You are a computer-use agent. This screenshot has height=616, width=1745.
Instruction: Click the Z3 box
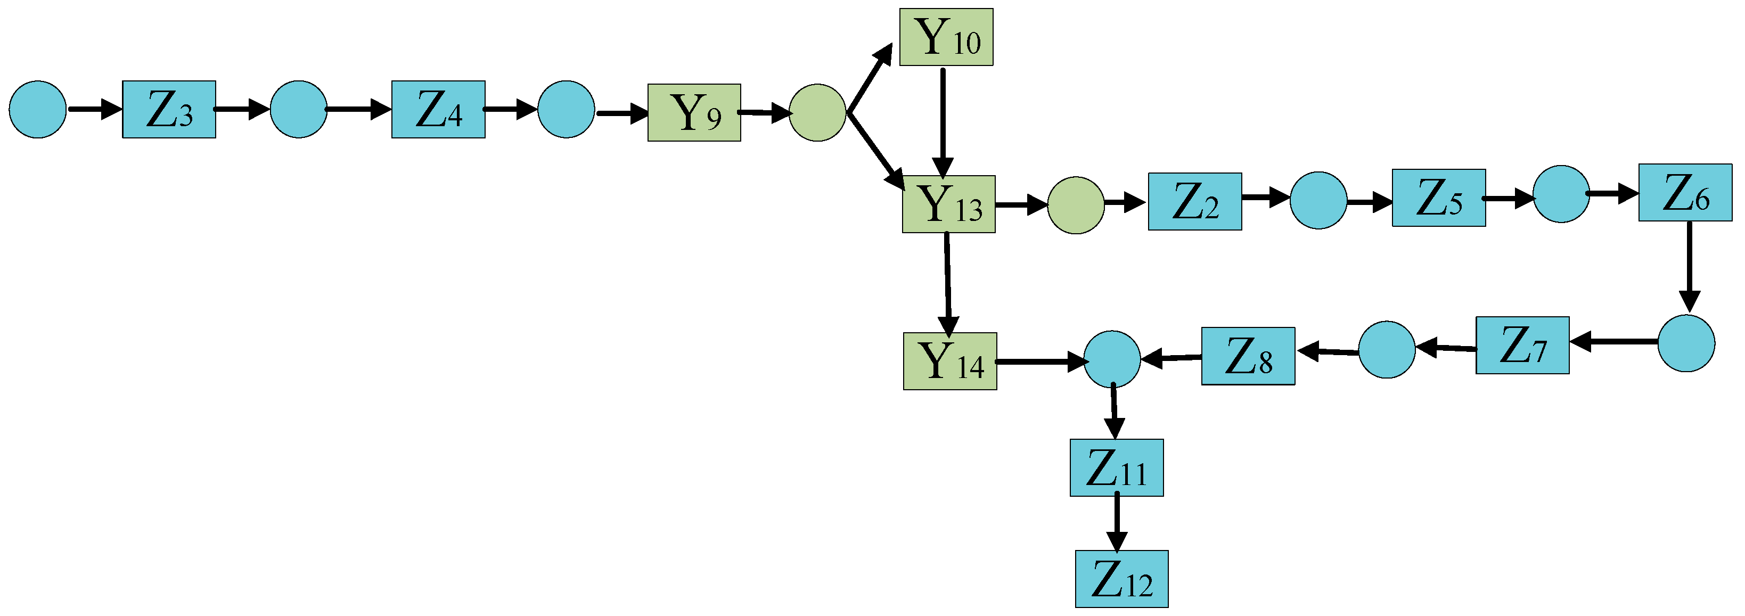[x=169, y=110]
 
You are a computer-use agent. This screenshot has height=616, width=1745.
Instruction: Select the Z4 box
[x=438, y=110]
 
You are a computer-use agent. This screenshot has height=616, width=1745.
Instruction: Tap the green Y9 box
[x=694, y=113]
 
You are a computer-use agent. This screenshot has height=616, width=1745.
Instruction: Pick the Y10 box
[x=946, y=37]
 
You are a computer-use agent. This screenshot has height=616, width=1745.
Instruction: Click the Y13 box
[x=948, y=204]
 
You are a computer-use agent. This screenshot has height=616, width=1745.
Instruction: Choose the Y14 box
[x=950, y=362]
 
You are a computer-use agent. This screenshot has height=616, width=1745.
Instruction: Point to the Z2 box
[x=1194, y=202]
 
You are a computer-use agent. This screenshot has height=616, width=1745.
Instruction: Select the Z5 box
[x=1438, y=198]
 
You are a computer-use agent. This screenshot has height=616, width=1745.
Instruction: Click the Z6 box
[x=1685, y=193]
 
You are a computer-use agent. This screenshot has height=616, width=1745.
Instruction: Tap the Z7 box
[x=1522, y=345]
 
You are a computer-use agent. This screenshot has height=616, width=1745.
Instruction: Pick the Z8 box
[x=1248, y=357]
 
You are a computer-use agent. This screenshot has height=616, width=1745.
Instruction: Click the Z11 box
[x=1116, y=468]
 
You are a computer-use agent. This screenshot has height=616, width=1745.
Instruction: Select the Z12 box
[x=1121, y=579]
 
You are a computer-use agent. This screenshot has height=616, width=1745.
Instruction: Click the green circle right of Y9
[x=817, y=113]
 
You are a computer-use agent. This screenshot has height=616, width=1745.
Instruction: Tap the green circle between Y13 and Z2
[x=1075, y=206]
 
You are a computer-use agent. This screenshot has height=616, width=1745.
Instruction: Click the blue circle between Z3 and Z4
[x=298, y=110]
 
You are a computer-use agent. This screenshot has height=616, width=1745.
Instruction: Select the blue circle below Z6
[x=1686, y=343]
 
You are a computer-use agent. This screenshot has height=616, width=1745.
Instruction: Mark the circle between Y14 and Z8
[x=1112, y=359]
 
